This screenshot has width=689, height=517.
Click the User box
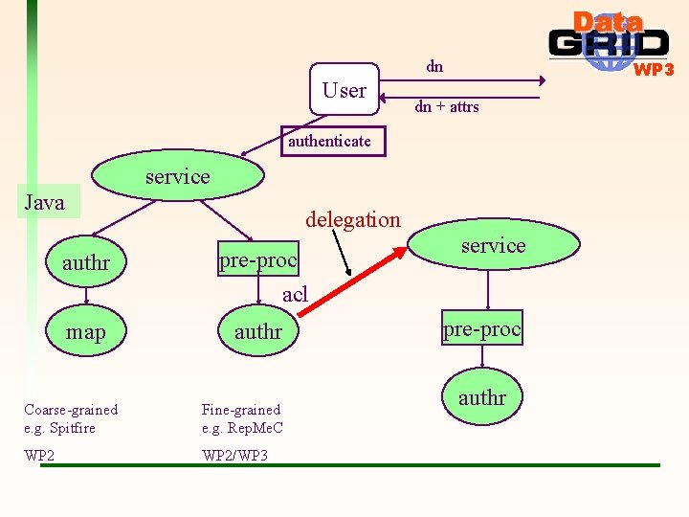pyautogui.click(x=344, y=90)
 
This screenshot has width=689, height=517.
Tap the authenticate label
pyautogui.click(x=329, y=142)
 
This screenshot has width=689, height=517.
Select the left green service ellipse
pyautogui.click(x=178, y=176)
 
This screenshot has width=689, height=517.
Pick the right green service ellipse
pyautogui.click(x=493, y=245)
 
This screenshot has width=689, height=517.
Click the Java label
pyautogui.click(x=44, y=202)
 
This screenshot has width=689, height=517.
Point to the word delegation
pyautogui.click(x=352, y=219)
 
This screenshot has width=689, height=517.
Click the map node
pyautogui.click(x=86, y=332)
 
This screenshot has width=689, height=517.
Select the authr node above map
pyautogui.click(x=86, y=262)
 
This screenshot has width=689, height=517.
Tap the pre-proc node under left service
pyautogui.click(x=258, y=260)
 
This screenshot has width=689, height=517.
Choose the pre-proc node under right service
pyautogui.click(x=481, y=328)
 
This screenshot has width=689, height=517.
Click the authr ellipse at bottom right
pyautogui.click(x=482, y=396)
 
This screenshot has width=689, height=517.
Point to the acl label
pyautogui.click(x=295, y=295)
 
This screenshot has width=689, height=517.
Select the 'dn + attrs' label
pyautogui.click(x=447, y=107)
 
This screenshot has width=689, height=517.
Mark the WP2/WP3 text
pyautogui.click(x=235, y=455)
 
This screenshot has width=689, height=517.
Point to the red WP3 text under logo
pyautogui.click(x=655, y=70)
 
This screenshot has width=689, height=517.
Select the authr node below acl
pyautogui.click(x=258, y=332)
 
